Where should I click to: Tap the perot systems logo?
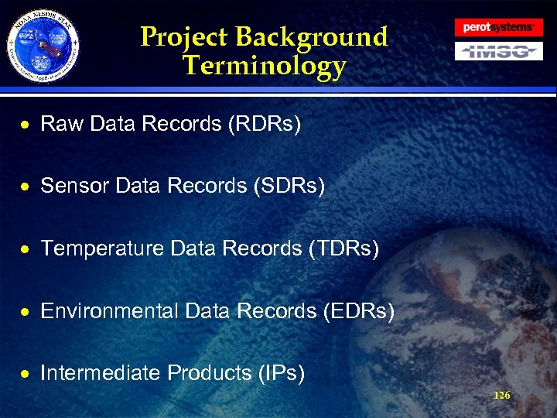click(x=497, y=27)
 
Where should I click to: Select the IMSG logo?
click(x=497, y=52)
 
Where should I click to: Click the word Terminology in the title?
click(x=265, y=67)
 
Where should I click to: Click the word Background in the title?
click(x=311, y=36)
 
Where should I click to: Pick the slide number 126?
click(x=501, y=396)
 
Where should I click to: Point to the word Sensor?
click(x=74, y=186)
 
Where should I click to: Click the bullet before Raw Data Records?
click(x=26, y=124)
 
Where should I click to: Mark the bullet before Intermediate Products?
click(x=26, y=374)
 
